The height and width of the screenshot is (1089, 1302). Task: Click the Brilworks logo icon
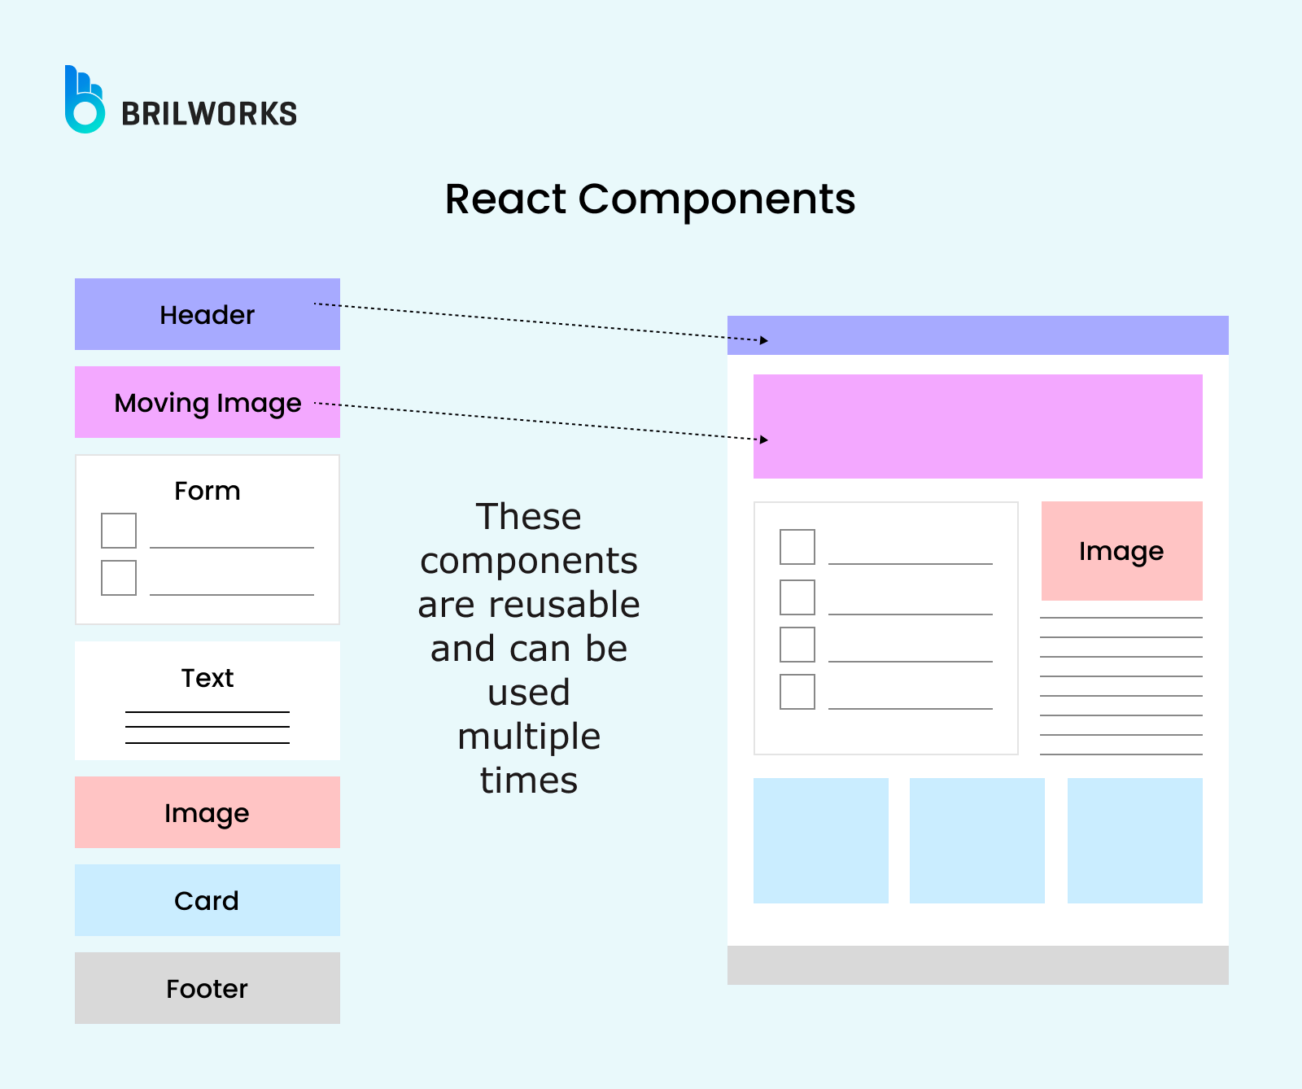tap(84, 101)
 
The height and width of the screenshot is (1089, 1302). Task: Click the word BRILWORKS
tap(209, 114)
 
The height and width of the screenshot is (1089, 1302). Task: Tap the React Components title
tap(650, 199)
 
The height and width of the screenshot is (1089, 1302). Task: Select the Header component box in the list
tap(207, 314)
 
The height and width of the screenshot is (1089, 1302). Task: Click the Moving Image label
tap(208, 403)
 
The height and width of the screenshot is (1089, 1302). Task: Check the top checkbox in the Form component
tap(119, 531)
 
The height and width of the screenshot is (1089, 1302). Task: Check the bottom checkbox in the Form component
tap(119, 578)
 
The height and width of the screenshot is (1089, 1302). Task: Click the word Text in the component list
tap(208, 678)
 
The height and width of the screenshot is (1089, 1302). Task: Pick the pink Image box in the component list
tap(207, 812)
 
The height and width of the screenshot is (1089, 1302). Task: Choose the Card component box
tap(207, 900)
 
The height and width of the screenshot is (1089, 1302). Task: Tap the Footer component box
tap(207, 988)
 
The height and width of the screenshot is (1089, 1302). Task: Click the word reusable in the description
tap(564, 605)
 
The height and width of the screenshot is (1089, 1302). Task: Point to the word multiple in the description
tap(529, 737)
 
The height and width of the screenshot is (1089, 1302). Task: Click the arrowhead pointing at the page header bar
tap(764, 340)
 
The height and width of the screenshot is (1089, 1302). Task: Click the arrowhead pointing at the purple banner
tap(764, 440)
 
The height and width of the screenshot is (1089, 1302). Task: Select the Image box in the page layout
tap(1121, 551)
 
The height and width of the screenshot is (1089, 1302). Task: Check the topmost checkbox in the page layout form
tap(797, 547)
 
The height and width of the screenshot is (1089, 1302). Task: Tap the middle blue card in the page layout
tap(976, 840)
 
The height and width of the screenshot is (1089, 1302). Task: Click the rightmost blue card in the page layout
tap(1134, 840)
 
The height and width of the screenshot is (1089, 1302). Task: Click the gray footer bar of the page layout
tap(977, 965)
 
